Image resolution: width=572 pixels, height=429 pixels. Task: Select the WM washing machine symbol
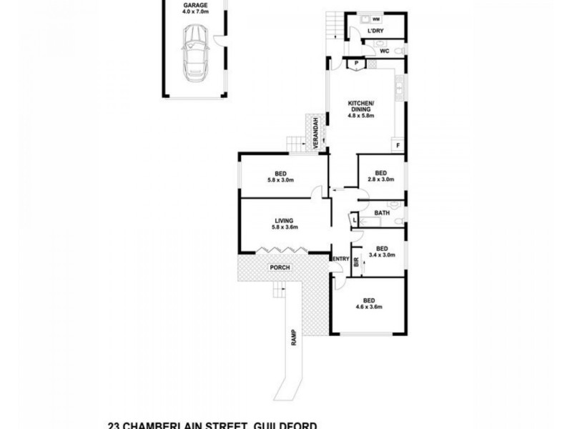[375, 19]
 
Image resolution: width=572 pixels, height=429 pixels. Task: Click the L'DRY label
[375, 32]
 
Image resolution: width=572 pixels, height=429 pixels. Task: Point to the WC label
[383, 51]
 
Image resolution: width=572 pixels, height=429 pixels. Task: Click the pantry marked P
[355, 64]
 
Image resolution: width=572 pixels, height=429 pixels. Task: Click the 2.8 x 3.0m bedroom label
[380, 176]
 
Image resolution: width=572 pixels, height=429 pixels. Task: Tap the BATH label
[382, 212]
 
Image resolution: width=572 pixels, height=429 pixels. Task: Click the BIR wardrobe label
[355, 262]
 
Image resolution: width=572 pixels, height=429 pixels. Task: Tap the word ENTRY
[340, 259]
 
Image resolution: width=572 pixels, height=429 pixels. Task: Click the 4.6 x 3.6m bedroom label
[369, 303]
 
